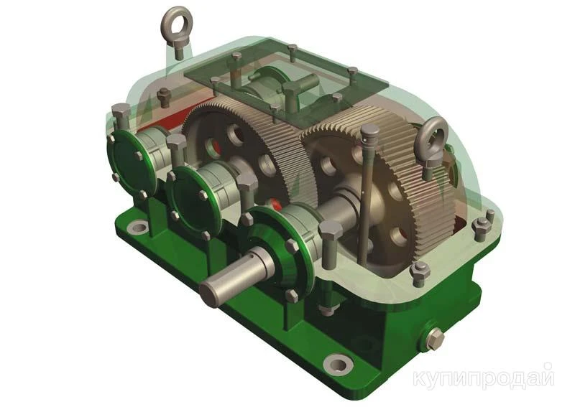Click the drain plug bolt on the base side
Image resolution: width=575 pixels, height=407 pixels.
(436, 338)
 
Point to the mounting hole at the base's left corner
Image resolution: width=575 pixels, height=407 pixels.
(137, 228)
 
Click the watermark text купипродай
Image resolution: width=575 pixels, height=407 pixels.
(483, 378)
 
